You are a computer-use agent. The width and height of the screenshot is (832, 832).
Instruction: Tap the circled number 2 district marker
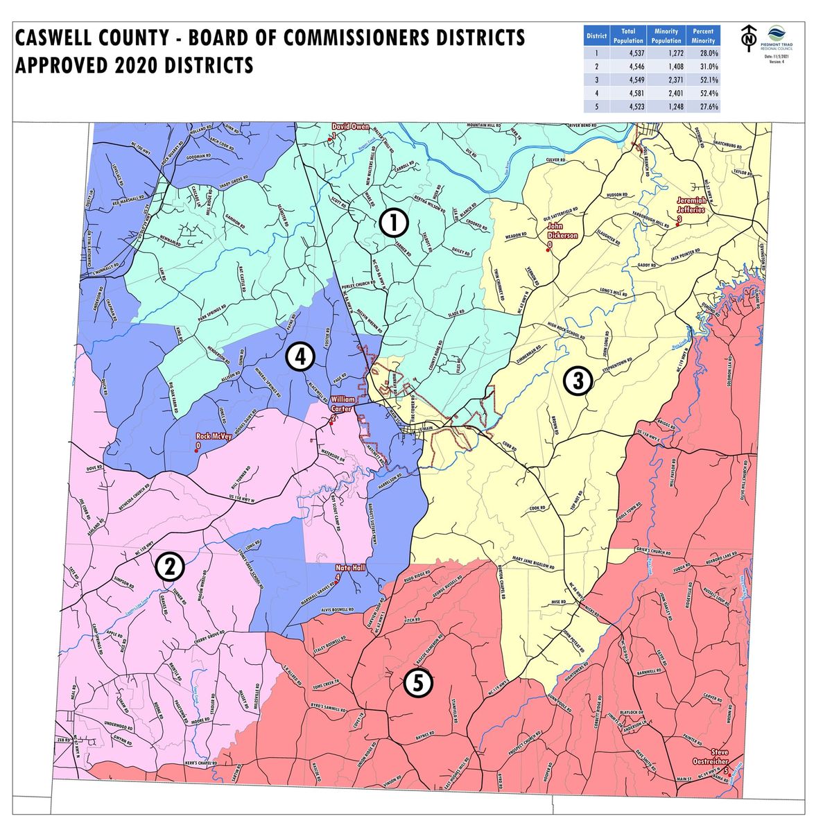tap(168, 566)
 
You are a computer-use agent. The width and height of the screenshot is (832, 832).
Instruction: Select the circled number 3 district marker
tap(577, 379)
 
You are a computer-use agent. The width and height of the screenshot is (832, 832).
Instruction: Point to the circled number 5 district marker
tap(418, 684)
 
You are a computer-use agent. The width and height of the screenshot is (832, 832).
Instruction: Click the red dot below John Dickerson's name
tap(548, 251)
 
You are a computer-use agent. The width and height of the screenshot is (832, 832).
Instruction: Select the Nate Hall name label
tap(350, 566)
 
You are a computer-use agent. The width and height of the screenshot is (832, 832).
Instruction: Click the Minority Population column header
tap(666, 35)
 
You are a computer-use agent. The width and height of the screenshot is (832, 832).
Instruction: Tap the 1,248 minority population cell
tap(666, 107)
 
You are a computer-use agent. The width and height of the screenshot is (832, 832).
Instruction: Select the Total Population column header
tap(628, 35)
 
